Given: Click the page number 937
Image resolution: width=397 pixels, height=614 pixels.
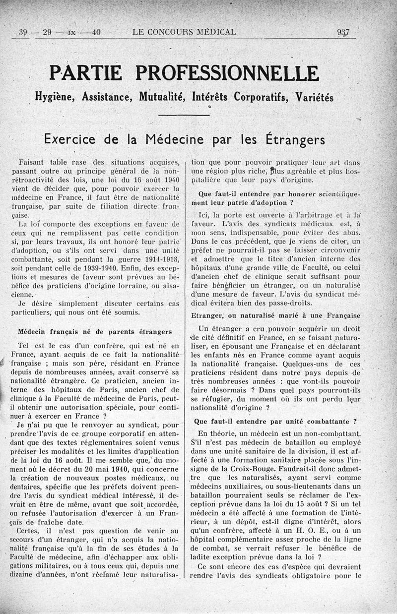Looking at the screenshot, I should (343, 33).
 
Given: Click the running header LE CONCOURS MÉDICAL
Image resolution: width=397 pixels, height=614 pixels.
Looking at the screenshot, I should (185, 33).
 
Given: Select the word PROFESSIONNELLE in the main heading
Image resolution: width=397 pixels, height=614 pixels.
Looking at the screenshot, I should (228, 73).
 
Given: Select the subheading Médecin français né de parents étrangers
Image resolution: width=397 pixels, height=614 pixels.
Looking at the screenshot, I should (95, 331).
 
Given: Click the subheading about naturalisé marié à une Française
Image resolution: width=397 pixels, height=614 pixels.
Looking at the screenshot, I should (275, 315).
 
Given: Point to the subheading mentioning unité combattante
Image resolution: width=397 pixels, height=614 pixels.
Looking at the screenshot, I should (275, 422).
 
